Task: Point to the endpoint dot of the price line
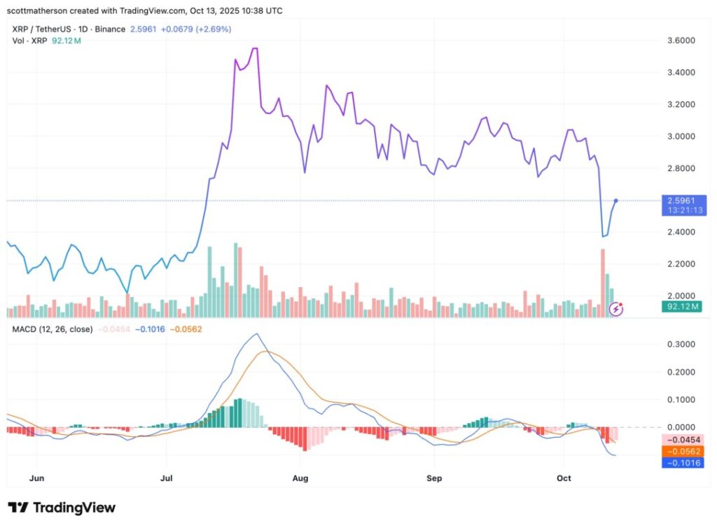615,201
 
